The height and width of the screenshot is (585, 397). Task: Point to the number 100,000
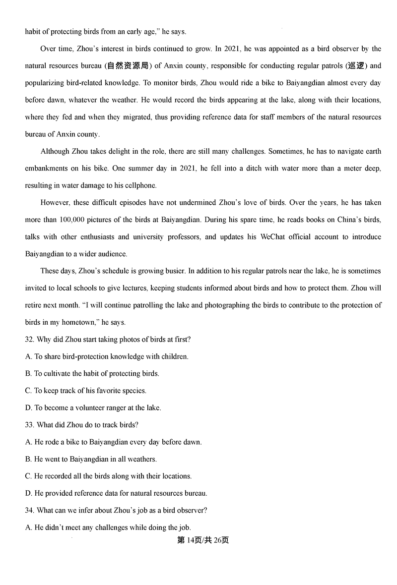pyautogui.click(x=73, y=220)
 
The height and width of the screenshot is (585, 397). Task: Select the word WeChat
pyautogui.click(x=272, y=237)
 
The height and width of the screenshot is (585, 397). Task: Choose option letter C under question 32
pyautogui.click(x=28, y=391)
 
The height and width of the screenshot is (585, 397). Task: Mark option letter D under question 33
pyautogui.click(x=28, y=493)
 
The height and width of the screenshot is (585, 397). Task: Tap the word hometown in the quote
pyautogui.click(x=79, y=322)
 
